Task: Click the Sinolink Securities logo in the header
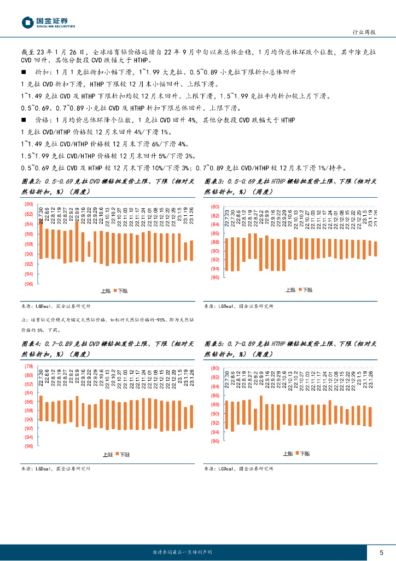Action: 49,22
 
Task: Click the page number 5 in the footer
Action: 381,552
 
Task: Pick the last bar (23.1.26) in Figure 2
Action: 191,250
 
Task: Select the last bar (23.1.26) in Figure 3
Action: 375,249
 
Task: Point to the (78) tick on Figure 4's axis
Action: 28,367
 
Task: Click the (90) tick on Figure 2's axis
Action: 28,254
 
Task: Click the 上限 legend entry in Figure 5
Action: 288,454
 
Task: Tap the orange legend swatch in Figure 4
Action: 116,455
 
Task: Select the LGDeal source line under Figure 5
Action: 238,469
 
